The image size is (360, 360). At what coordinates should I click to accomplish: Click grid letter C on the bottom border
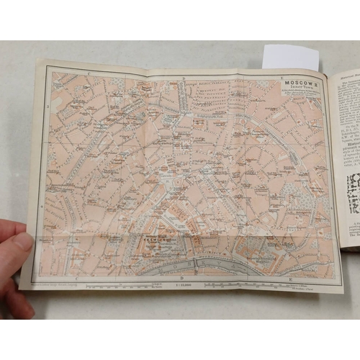[x=74, y=277]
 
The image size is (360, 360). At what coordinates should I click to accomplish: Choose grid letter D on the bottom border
[x=183, y=278]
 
